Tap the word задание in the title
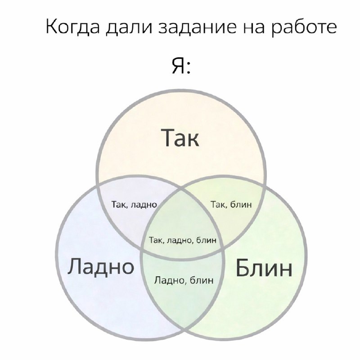(198, 27)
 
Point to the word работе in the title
(304, 27)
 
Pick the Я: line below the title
(181, 66)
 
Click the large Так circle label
(181, 138)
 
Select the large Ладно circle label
(100, 266)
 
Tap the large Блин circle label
(264, 268)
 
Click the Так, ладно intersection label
(134, 204)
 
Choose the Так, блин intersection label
(231, 204)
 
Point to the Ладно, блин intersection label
(184, 280)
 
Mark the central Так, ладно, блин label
(183, 240)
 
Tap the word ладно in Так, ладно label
(144, 205)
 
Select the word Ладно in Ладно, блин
(169, 280)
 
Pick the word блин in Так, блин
(241, 204)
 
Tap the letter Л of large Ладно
(75, 266)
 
